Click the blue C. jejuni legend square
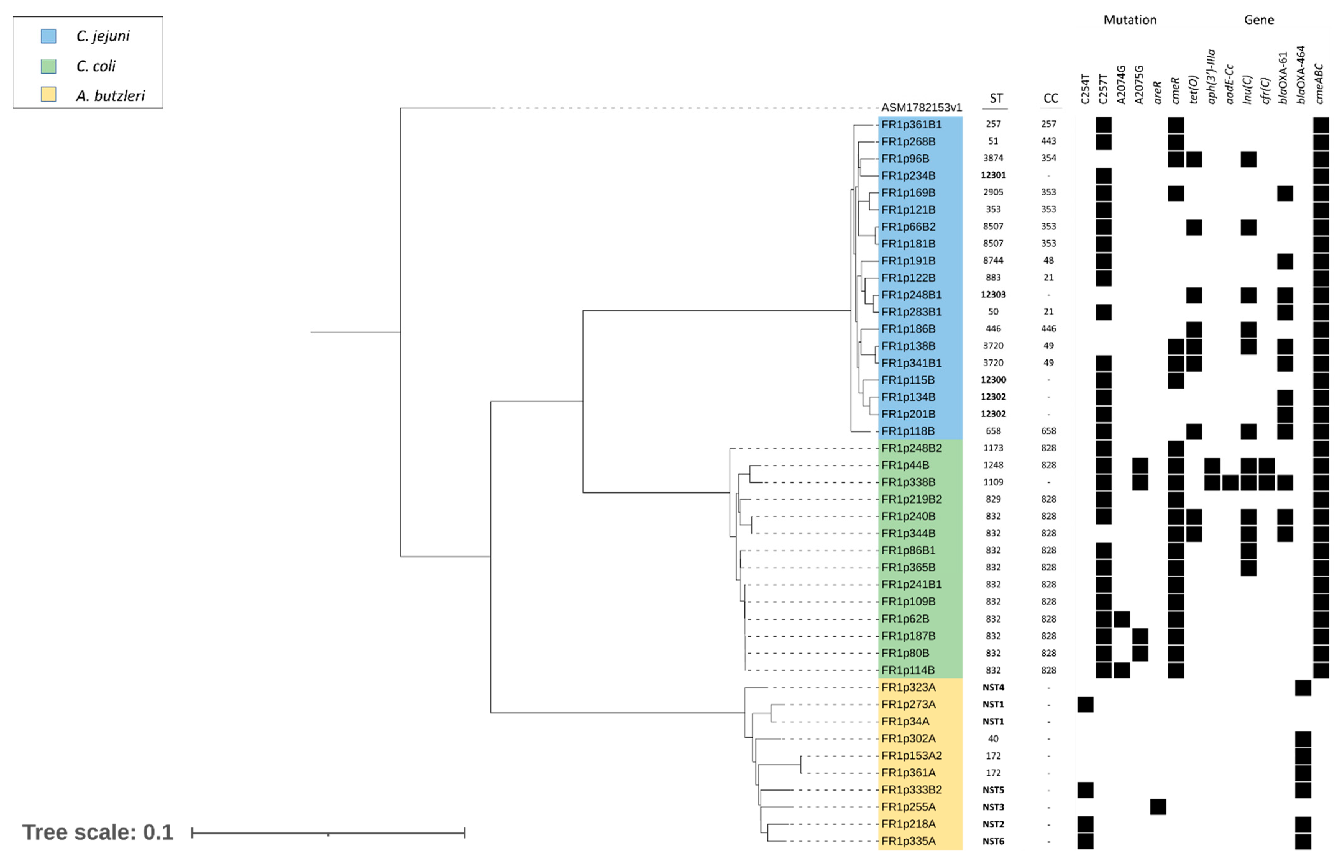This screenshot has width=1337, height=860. (48, 36)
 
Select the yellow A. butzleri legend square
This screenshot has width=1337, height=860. (48, 95)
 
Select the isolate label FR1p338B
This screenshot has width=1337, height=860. (908, 482)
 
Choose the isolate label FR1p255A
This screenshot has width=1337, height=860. (908, 807)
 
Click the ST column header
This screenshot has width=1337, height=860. (996, 99)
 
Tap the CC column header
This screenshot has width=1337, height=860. (1050, 99)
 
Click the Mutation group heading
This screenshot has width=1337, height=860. (1129, 20)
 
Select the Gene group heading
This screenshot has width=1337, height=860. (1258, 20)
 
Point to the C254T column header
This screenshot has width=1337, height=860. (1085, 89)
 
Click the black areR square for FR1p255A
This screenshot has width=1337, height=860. (1158, 807)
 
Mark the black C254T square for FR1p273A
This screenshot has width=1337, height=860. (1085, 705)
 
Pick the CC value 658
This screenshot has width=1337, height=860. (1048, 431)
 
